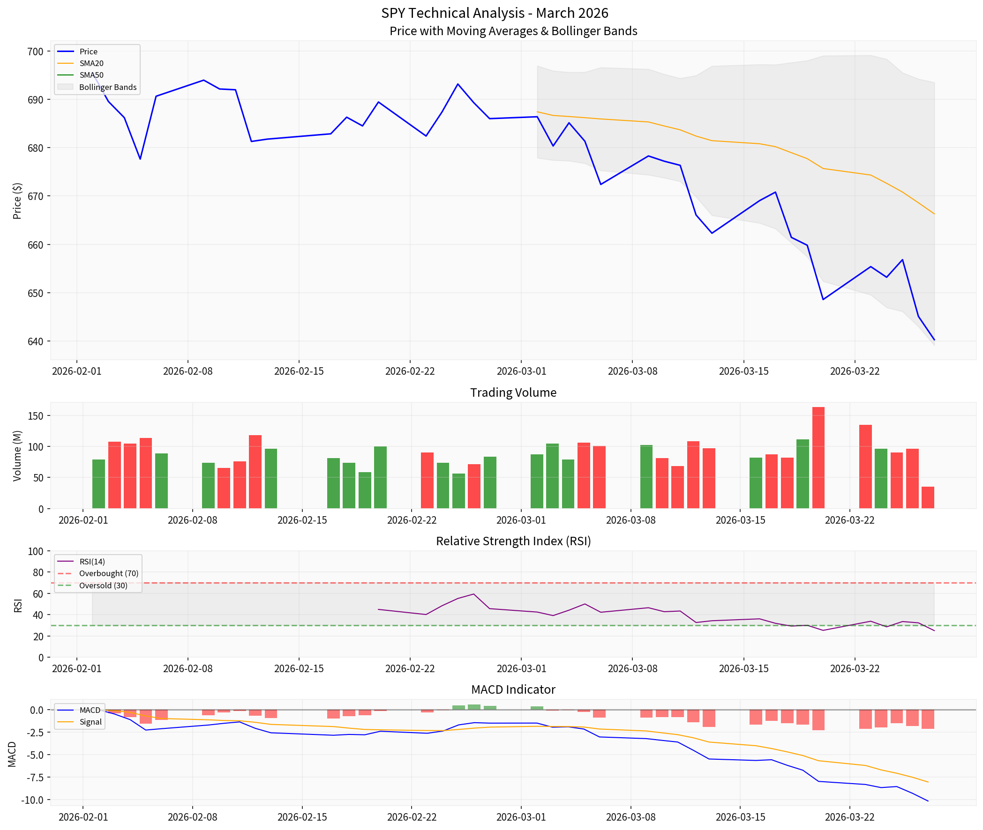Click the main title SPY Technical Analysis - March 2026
coord(495,13)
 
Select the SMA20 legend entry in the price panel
coord(91,63)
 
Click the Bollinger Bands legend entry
coord(108,87)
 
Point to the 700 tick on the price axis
coord(35,51)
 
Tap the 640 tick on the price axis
coord(35,341)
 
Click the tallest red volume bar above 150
coord(818,456)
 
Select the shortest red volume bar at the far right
coord(927,497)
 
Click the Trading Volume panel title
coord(513,393)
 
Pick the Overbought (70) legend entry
coord(109,573)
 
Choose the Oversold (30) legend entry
coord(103,585)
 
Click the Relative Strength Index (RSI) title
coord(513,541)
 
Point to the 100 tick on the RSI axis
coord(35,551)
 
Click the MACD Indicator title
coord(513,689)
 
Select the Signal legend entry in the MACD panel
coord(90,722)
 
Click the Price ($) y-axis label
coord(17,200)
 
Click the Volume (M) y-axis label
coord(17,455)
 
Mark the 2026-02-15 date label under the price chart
coord(299,371)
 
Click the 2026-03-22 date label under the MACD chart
coord(849,817)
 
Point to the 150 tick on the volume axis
coord(35,415)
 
